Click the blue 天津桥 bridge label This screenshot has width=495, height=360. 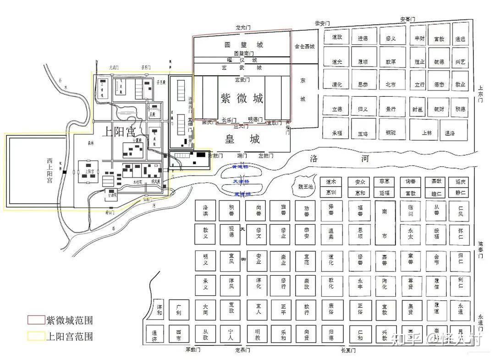242,182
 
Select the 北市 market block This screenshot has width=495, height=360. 390,84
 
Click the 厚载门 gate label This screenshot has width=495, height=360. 193,350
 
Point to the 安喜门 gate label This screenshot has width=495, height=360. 407,20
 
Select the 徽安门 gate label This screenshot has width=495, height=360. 323,23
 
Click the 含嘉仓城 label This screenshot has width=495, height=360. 305,46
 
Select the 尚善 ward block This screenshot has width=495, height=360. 258,210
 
